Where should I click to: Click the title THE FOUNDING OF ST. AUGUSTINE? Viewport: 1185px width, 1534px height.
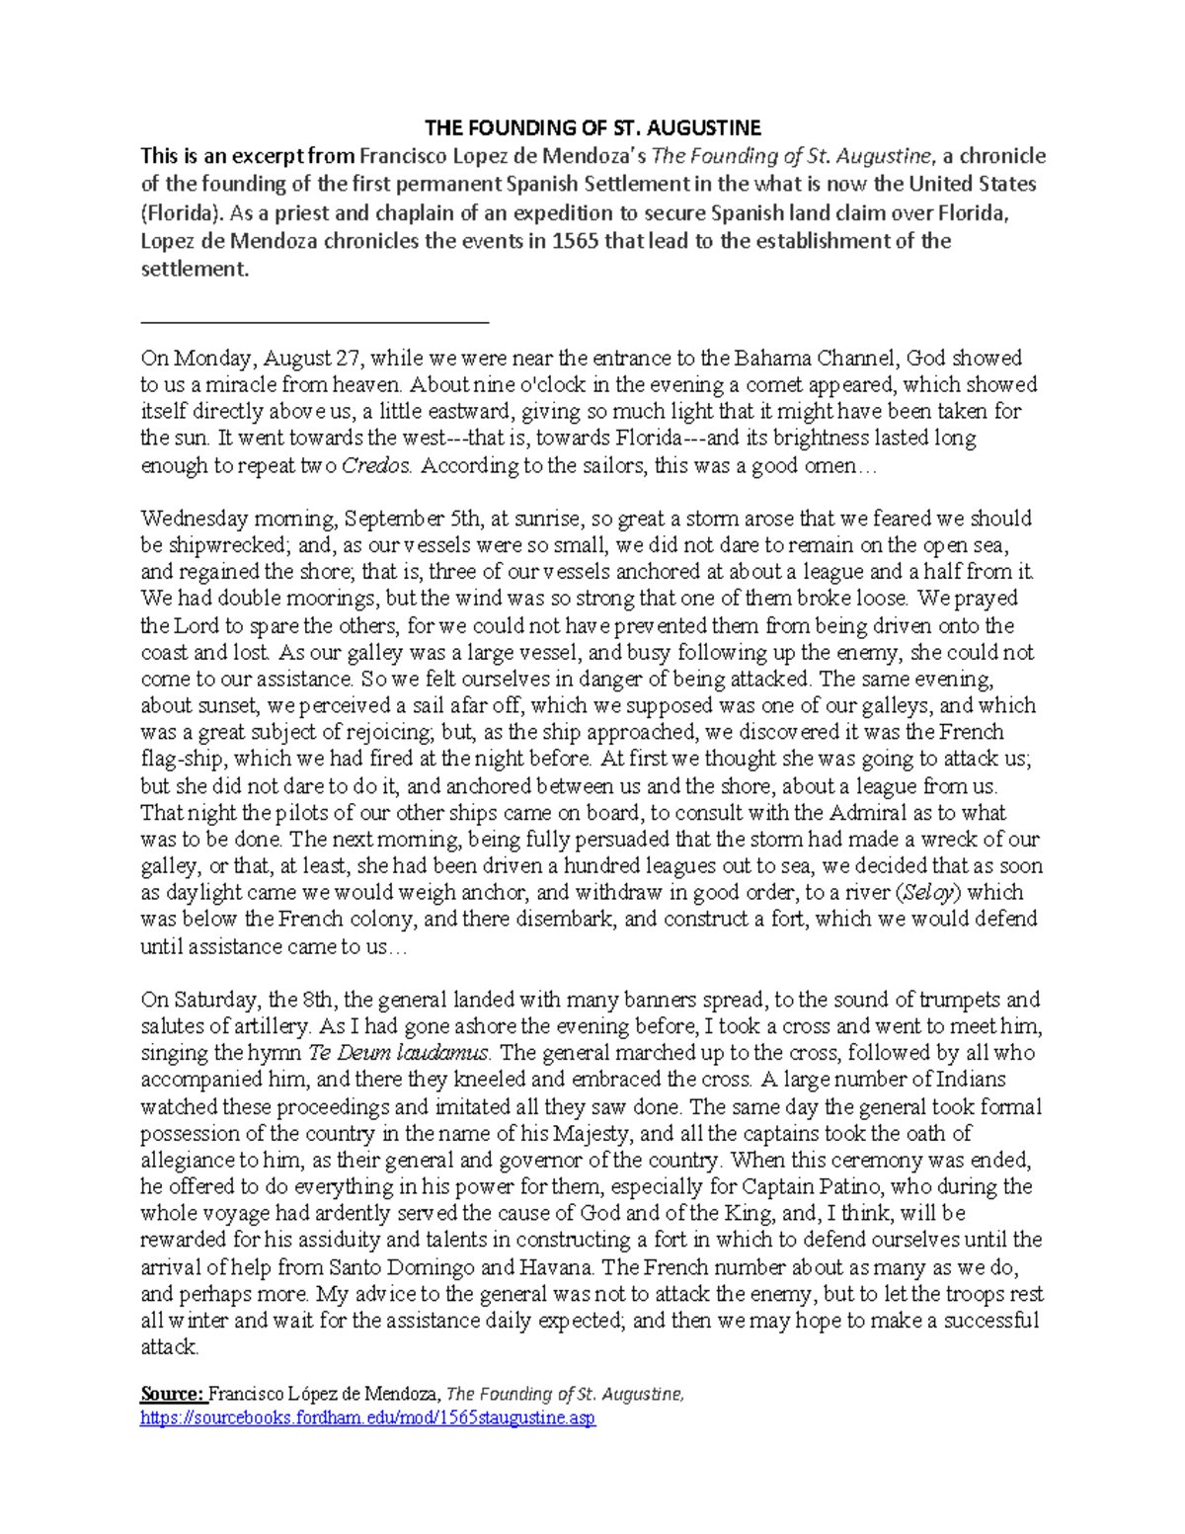coord(592,127)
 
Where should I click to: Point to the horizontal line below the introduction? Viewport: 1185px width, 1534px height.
coord(315,321)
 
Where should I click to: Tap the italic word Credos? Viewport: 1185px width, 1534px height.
coord(375,465)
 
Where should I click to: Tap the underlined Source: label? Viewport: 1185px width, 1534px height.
coord(172,1394)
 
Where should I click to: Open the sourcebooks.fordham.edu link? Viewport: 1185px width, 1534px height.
coord(367,1418)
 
